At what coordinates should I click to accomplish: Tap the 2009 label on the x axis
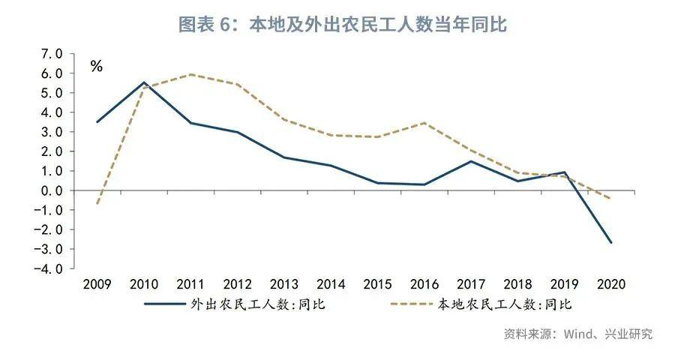click(x=97, y=285)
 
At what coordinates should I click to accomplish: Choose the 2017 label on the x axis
click(x=470, y=285)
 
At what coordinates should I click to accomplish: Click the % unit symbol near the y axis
click(x=96, y=66)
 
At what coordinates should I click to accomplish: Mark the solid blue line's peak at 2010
click(x=143, y=82)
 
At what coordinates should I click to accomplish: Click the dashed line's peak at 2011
click(x=190, y=74)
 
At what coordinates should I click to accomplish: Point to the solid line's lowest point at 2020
click(x=610, y=242)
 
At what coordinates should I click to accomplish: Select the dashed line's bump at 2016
click(x=424, y=123)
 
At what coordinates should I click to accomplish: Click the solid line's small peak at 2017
click(x=470, y=161)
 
